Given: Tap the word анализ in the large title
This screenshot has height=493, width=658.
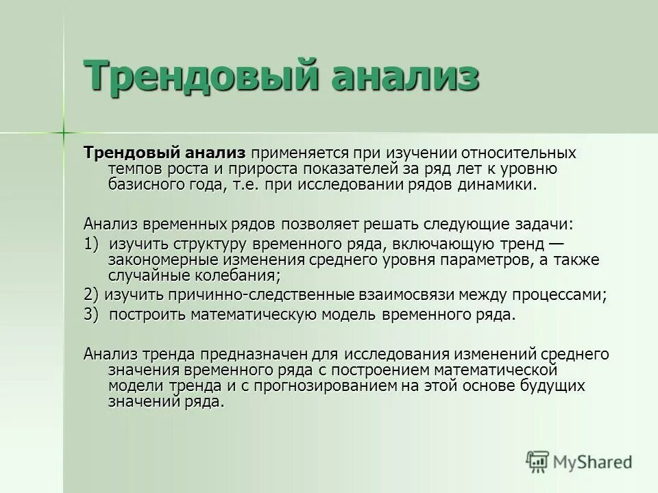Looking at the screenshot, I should point(402,75).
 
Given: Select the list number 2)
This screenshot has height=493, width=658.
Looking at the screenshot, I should point(92,294).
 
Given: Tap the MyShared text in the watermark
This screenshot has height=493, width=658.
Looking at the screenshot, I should point(594,462).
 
